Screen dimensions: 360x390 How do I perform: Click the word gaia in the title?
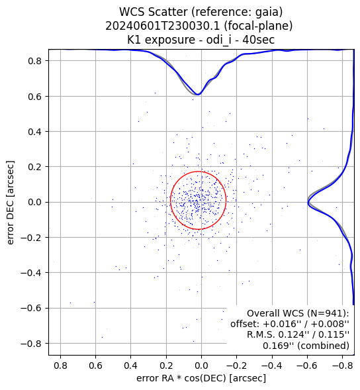point(269,13)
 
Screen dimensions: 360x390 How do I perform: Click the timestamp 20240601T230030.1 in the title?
point(163,26)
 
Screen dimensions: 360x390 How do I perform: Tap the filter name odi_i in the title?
point(215,40)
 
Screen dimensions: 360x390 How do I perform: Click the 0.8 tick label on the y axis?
point(34,61)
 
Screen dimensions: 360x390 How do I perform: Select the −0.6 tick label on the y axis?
point(31,308)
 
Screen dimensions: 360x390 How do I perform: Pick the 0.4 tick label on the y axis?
point(34,131)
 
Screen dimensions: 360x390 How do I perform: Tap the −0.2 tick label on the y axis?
point(31,238)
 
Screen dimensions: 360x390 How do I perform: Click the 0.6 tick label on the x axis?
point(96,366)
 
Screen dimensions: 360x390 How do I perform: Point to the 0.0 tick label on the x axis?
point(201,366)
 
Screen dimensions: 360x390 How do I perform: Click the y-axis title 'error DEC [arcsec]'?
point(11,203)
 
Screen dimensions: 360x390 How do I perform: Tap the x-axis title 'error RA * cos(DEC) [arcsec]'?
point(201,378)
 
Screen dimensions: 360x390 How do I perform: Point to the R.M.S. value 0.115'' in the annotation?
point(334,334)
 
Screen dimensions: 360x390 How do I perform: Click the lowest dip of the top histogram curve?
point(198,94)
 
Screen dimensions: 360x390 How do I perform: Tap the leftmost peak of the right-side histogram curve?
point(308,202)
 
